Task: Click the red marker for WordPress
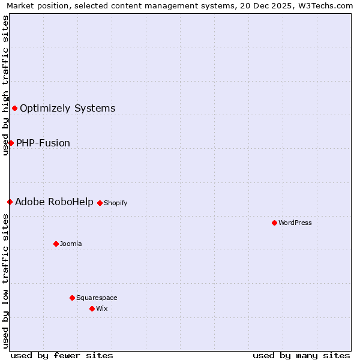tap(274, 223)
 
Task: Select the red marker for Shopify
tap(100, 203)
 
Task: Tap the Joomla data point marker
tap(56, 244)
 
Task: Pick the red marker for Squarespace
tap(72, 298)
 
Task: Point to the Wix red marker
tap(92, 308)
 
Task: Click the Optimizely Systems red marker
tap(14, 108)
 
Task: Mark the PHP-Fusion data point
tap(11, 143)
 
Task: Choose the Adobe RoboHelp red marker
tap(10, 202)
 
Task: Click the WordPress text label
tap(295, 223)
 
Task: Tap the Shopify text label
tap(116, 203)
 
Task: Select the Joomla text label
tap(71, 244)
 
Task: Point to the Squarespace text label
tap(97, 298)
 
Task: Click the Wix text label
tap(101, 308)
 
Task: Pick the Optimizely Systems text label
tap(67, 108)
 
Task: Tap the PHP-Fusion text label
tap(43, 143)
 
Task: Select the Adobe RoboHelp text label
tap(54, 202)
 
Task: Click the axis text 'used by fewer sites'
tap(62, 355)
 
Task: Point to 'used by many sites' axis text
tap(301, 355)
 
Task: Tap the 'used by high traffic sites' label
tap(5, 85)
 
